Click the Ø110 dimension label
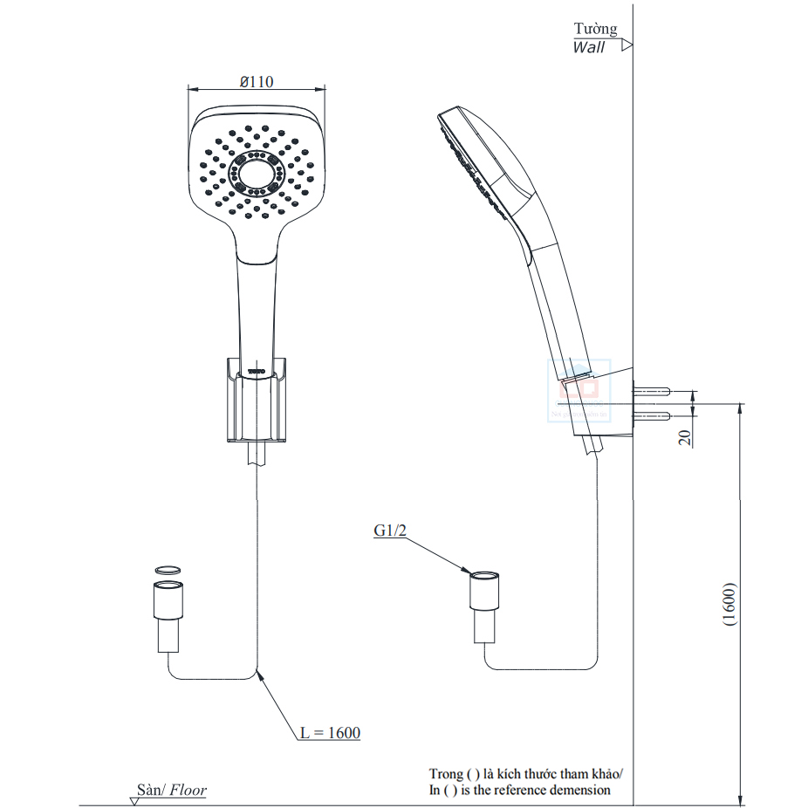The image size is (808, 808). point(257,81)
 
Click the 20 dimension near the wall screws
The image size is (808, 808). point(686,438)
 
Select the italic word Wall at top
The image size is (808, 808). point(588,48)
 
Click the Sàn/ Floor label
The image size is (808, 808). point(171,791)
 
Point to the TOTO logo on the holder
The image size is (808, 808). point(257,372)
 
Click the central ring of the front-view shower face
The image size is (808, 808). point(256,172)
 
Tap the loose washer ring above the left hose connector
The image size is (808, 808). point(168,570)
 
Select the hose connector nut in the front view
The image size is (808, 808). point(168,602)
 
